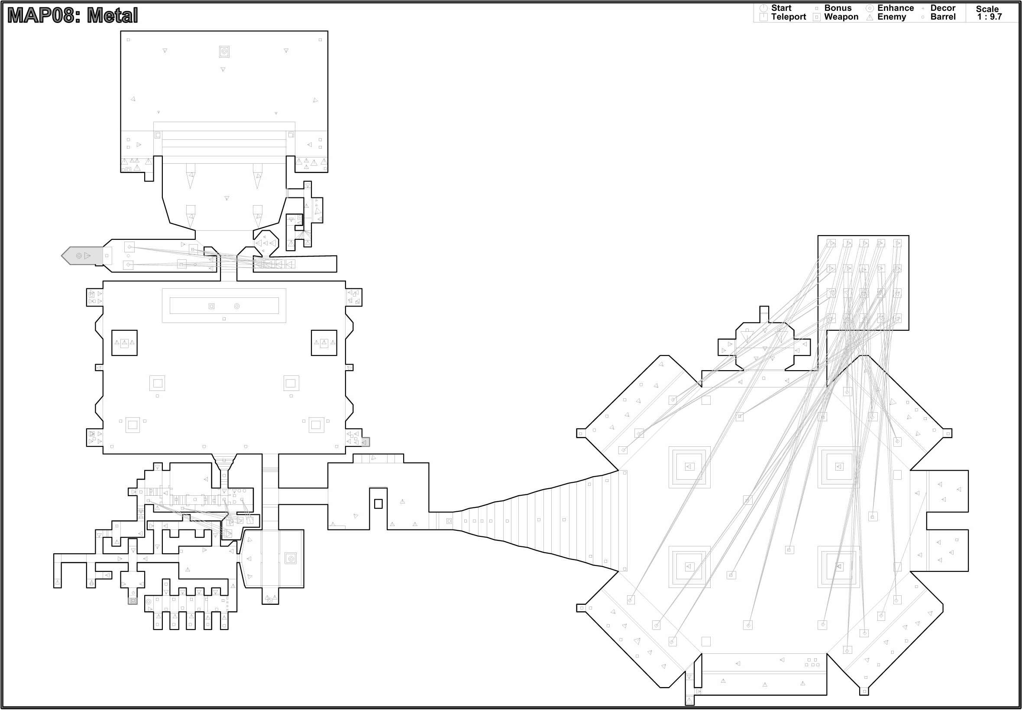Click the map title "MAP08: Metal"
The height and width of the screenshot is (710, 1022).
pyautogui.click(x=72, y=16)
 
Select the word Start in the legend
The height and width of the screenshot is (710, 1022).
pyautogui.click(x=781, y=8)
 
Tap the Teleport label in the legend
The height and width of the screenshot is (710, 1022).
pyautogui.click(x=788, y=17)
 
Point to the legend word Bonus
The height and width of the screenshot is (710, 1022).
pyautogui.click(x=838, y=8)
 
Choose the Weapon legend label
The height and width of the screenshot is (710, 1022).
pyautogui.click(x=841, y=17)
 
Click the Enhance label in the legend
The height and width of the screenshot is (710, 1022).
pyautogui.click(x=895, y=8)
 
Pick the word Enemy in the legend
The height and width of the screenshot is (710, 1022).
pyautogui.click(x=891, y=17)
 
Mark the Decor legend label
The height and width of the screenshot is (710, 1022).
pyautogui.click(x=942, y=8)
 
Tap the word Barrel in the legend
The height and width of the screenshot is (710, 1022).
pyautogui.click(x=942, y=17)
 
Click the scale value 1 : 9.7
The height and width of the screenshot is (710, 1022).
pyautogui.click(x=989, y=17)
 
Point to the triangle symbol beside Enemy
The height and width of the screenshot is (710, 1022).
pyautogui.click(x=870, y=18)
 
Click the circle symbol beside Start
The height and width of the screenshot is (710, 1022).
pyautogui.click(x=763, y=8)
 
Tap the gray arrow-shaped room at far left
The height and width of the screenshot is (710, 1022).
pyautogui.click(x=82, y=256)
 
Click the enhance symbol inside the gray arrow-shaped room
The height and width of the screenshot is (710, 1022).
pyautogui.click(x=79, y=256)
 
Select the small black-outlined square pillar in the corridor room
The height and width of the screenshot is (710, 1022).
pyautogui.click(x=378, y=503)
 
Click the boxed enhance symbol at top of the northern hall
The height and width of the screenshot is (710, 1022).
pyautogui.click(x=224, y=52)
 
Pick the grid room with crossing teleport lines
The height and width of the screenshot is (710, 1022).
pyautogui.click(x=863, y=283)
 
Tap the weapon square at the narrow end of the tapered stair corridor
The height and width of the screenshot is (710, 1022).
pyautogui.click(x=449, y=521)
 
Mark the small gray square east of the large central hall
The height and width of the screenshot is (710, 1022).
pyautogui.click(x=365, y=442)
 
